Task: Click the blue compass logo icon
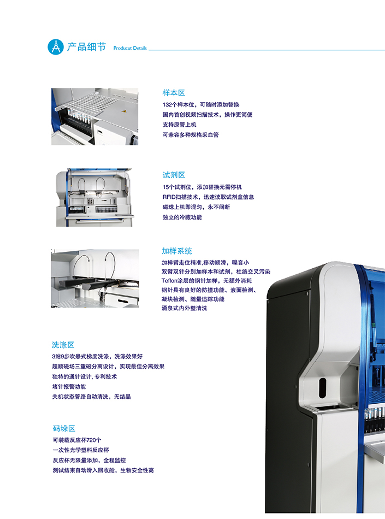tap(56, 46)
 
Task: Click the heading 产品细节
tap(87, 47)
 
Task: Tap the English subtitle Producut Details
tap(130, 48)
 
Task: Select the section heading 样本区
tap(174, 93)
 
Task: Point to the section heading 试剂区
tap(174, 175)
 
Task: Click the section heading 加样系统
tap(177, 251)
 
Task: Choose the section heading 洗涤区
tap(63, 345)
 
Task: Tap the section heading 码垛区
tap(64, 428)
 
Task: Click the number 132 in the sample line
tap(167, 105)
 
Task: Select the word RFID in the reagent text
tap(169, 197)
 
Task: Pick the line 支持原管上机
tap(179, 125)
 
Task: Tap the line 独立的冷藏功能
tap(182, 217)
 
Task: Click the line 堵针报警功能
tap(69, 387)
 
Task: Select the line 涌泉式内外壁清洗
tap(184, 308)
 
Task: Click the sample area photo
tap(94, 116)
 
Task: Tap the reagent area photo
tap(94, 198)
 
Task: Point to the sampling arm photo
tap(95, 279)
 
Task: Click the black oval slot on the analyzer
tap(322, 387)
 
